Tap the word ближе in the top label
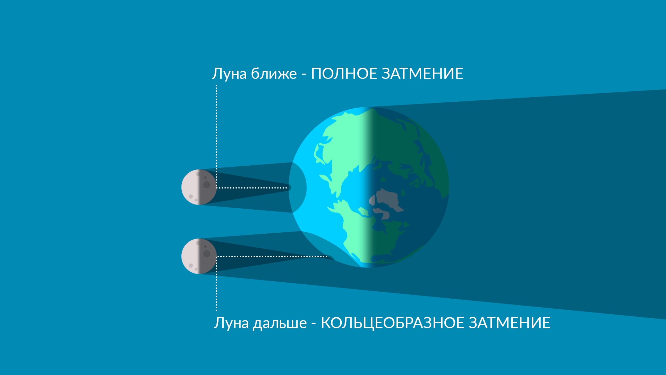point(274,74)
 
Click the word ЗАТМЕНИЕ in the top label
point(422,74)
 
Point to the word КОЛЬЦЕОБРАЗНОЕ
point(393,323)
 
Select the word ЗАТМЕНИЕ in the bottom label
point(510,323)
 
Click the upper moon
point(199,187)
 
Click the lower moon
point(199,256)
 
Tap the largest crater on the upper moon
point(207,185)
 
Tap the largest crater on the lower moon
point(207,254)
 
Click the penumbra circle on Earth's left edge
point(298,187)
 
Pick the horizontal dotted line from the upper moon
point(251,188)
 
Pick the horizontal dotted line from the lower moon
point(272,257)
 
